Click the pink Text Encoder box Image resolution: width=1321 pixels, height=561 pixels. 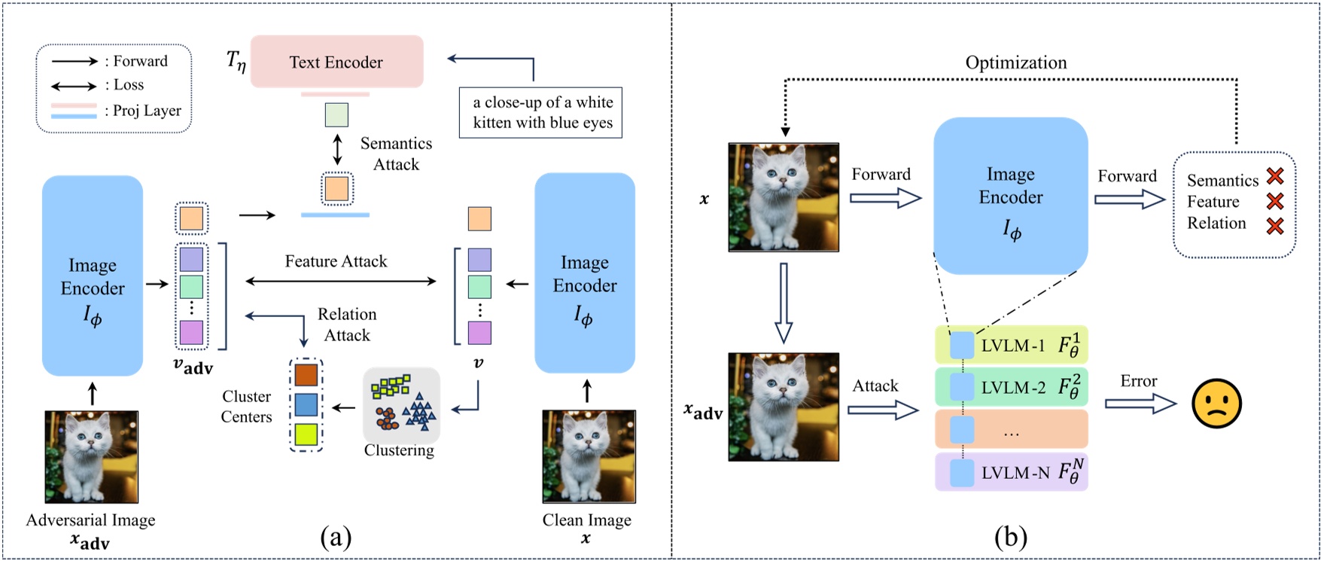(336, 62)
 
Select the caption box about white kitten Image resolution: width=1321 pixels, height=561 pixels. (540, 112)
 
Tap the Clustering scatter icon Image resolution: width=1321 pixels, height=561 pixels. (401, 405)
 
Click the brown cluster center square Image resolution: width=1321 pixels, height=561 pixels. (306, 375)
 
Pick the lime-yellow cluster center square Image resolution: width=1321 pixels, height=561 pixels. (306, 434)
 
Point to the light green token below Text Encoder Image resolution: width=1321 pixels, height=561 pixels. (336, 115)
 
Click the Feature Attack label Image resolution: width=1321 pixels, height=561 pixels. (336, 261)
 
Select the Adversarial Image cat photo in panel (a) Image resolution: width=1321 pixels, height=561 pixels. (92, 456)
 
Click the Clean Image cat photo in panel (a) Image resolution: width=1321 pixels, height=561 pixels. (589, 456)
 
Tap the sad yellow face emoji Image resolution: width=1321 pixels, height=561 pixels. (1216, 404)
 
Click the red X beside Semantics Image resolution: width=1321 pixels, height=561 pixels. (1274, 176)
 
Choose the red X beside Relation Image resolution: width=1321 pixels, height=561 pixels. (1274, 225)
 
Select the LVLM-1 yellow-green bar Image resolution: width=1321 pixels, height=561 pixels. (1011, 346)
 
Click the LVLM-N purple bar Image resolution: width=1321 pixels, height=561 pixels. (1011, 472)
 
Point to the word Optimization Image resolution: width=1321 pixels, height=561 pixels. (1015, 63)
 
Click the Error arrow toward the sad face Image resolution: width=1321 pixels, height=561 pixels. (1140, 404)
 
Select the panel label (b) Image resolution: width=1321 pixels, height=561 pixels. (1010, 536)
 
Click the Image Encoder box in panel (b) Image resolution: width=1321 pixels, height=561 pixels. (1010, 196)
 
